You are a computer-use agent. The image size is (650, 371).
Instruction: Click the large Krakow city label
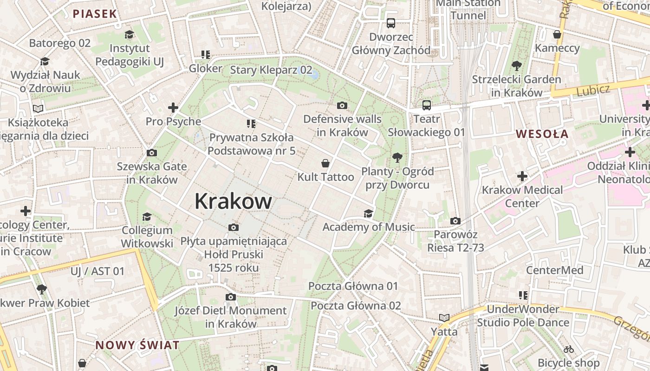pos(233,201)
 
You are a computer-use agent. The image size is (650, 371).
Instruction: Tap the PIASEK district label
pos(95,14)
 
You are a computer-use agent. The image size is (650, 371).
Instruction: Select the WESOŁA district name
pos(542,134)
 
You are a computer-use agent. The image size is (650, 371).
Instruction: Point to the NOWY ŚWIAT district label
pos(137,345)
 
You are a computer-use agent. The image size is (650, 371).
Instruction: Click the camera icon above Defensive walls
pos(342,105)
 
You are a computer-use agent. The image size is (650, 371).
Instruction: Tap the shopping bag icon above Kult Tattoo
pos(325,163)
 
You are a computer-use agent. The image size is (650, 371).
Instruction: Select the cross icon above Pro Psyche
pos(173,108)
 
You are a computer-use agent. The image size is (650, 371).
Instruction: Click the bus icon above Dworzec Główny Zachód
pos(391,23)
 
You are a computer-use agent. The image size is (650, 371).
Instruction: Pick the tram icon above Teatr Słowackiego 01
pos(426,105)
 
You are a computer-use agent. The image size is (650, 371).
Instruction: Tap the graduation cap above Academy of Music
pos(368,213)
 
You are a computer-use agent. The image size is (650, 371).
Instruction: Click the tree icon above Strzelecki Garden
pos(516,66)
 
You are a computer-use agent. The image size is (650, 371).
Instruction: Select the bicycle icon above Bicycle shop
pos(569,349)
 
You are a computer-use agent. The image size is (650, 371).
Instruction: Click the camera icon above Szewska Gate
pos(152,153)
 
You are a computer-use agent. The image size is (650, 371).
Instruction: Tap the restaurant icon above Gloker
pos(206,55)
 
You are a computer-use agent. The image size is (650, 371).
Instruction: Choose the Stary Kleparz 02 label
pos(271,70)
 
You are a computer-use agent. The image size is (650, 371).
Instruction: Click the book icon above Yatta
pos(444,318)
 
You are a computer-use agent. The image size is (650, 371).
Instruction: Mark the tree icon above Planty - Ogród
pos(397,158)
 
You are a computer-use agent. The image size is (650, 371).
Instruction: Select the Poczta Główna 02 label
pos(356,306)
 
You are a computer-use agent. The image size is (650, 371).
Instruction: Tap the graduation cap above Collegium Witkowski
pos(147,216)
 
